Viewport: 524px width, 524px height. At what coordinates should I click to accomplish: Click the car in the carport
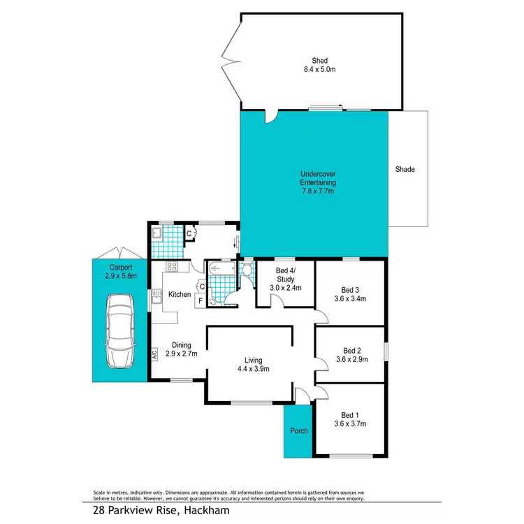pos(119,331)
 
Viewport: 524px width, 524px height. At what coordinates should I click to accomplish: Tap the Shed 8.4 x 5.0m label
pos(321,65)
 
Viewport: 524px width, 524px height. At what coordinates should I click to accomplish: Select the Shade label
pos(405,169)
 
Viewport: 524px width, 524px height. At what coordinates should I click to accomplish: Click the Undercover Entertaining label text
pos(314,182)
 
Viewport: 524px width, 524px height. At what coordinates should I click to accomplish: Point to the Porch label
pos(299,430)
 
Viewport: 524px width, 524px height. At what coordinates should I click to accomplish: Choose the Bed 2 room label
pos(351,355)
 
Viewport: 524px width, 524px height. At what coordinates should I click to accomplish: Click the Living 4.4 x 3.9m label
pos(253,364)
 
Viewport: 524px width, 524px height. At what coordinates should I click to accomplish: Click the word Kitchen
pos(180,295)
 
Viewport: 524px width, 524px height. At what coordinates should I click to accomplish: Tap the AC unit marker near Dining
pos(154,354)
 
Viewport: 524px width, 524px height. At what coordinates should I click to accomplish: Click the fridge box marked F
pos(201,301)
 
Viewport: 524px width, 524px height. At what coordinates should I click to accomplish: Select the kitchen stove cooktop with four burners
pos(171,266)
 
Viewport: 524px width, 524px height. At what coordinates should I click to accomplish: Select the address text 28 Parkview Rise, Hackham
pos(161,511)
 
